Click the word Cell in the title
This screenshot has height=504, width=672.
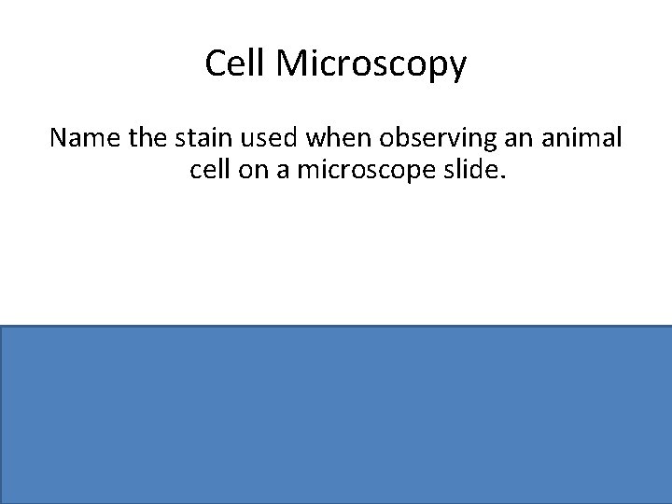232,64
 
